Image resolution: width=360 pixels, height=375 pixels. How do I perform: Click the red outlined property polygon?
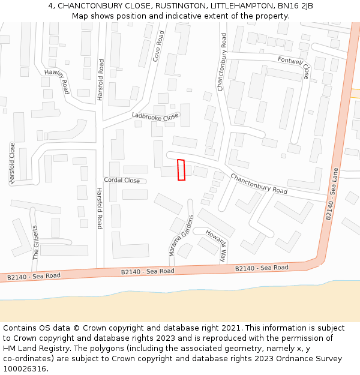(x=181, y=170)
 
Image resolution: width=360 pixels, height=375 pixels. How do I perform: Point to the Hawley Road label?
(x=57, y=81)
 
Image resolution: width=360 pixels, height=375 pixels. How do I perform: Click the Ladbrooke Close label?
(x=155, y=116)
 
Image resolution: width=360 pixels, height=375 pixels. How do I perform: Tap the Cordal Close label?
(x=122, y=180)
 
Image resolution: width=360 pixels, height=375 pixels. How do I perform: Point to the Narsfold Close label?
(x=11, y=163)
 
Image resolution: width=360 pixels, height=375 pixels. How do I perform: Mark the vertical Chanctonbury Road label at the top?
(x=222, y=62)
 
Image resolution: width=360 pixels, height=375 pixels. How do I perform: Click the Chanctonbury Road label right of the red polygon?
(x=259, y=184)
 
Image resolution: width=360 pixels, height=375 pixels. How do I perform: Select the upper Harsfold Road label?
(x=101, y=80)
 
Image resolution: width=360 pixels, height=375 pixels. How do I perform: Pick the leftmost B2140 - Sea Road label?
(x=34, y=276)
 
